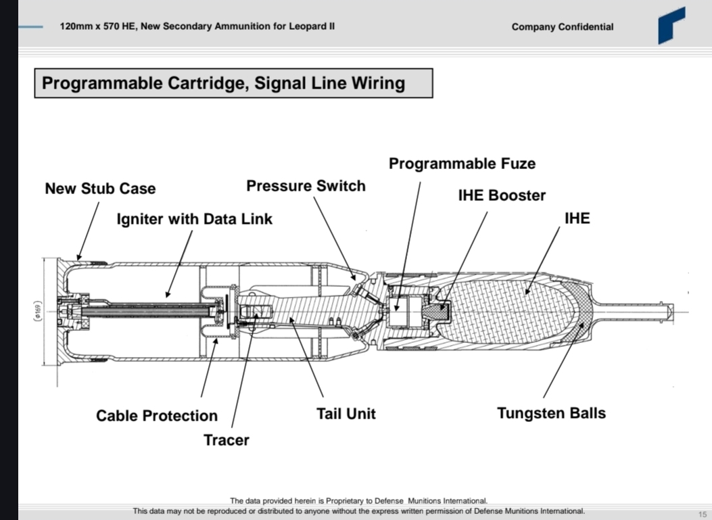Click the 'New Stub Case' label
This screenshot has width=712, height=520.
point(100,188)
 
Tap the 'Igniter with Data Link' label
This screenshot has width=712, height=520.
point(195,219)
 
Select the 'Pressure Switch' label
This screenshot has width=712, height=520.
point(306,186)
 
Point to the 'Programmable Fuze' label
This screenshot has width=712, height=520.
point(462,164)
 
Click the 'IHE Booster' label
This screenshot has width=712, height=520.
point(502,195)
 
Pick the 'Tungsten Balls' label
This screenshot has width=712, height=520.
point(551,413)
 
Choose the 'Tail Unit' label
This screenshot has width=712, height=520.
point(346,413)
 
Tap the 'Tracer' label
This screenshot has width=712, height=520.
point(227,440)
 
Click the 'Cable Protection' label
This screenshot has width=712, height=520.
point(157,416)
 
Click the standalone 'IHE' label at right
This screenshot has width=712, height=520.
point(577,218)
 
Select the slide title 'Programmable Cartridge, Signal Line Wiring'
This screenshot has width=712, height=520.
point(224,83)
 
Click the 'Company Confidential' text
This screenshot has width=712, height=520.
point(563,27)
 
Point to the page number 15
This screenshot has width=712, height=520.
point(702,514)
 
